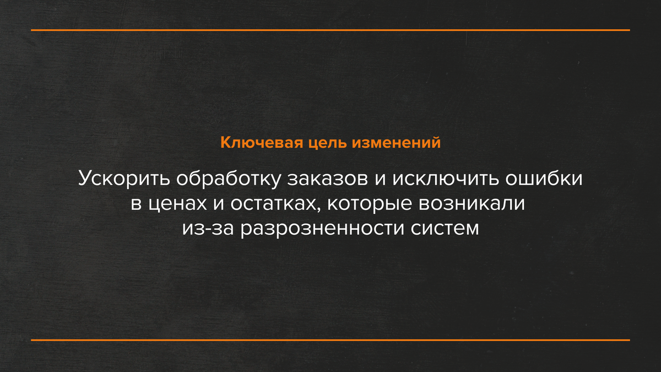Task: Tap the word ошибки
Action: click(x=543, y=179)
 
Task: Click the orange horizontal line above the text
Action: click(x=330, y=30)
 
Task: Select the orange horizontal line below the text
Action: click(x=330, y=340)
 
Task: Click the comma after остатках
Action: click(x=315, y=209)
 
